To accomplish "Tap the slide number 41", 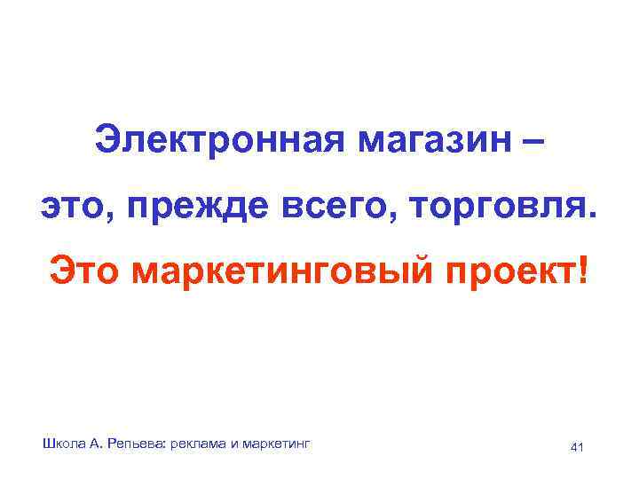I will pyautogui.click(x=577, y=446).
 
